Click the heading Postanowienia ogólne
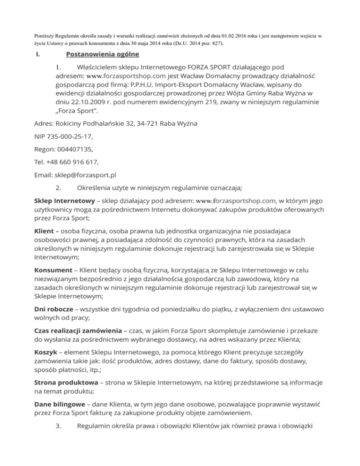(102, 54)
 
